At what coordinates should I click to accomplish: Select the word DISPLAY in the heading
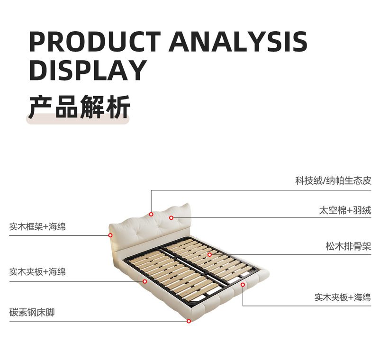88,70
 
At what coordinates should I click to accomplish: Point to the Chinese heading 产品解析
79,107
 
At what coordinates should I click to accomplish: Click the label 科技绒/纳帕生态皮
333,181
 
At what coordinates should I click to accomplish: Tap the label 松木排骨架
348,246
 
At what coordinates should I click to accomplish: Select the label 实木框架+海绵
37,226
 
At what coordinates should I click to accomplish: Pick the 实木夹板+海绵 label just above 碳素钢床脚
37,272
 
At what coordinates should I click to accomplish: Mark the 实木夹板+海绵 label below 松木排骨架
343,297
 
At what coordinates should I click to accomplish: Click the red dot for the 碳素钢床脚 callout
189,321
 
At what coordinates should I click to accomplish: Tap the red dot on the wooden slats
209,254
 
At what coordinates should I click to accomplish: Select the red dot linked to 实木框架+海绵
110,235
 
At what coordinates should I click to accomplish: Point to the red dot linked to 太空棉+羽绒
171,218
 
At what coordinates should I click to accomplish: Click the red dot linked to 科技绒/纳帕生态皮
151,214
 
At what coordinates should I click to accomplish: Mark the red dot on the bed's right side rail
243,285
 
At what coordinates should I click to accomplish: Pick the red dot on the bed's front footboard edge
145,281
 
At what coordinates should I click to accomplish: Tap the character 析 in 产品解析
118,107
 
